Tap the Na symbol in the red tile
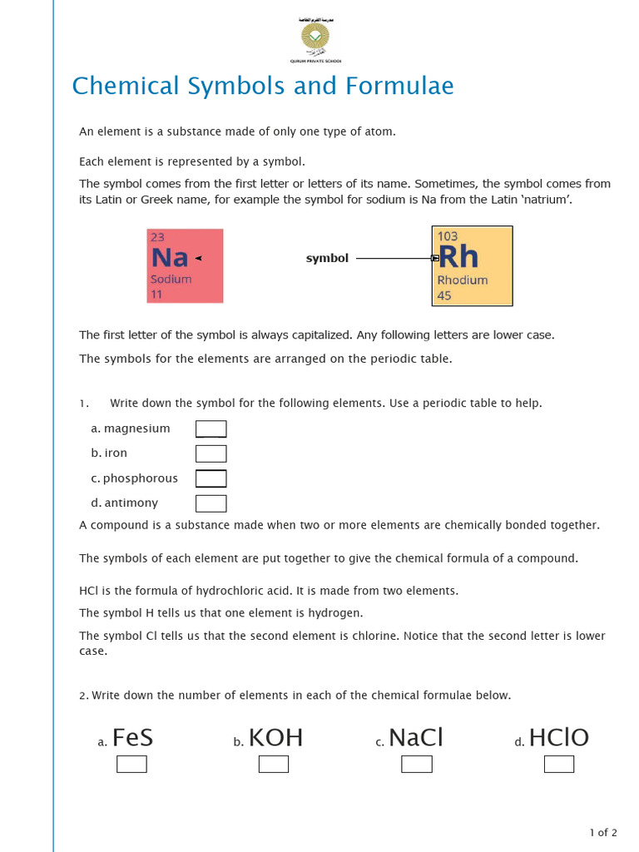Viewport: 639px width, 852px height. (x=170, y=258)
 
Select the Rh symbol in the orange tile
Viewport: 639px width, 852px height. (x=458, y=257)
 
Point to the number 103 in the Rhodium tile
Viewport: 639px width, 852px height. (x=448, y=236)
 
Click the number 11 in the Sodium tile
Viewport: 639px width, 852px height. (x=156, y=295)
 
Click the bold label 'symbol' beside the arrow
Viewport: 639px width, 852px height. (x=327, y=259)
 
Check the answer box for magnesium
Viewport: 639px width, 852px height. (x=211, y=429)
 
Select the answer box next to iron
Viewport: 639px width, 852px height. (x=211, y=453)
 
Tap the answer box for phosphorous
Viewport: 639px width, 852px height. (x=211, y=478)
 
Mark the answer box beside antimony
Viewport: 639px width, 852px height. (x=211, y=503)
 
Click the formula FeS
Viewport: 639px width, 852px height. (x=132, y=738)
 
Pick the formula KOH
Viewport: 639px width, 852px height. (x=275, y=738)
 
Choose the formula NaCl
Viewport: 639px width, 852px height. (x=416, y=738)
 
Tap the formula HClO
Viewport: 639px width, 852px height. (x=558, y=738)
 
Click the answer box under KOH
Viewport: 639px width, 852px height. (x=274, y=764)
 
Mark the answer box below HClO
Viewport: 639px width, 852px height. (x=558, y=764)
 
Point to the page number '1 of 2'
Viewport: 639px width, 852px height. (x=603, y=832)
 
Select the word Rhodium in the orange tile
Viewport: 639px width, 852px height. (x=462, y=280)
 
